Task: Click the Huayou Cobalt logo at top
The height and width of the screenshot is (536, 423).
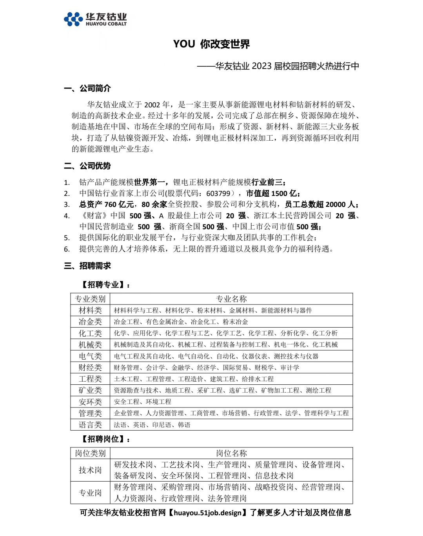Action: tap(95, 19)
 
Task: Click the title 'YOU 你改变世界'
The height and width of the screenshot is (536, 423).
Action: tap(211, 44)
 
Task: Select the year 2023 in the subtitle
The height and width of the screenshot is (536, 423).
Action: tap(261, 66)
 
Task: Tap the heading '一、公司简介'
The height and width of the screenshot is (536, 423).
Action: tap(87, 88)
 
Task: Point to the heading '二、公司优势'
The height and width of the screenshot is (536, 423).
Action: tap(87, 166)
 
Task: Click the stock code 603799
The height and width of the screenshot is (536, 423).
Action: tap(218, 194)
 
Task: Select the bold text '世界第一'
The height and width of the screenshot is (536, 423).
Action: tap(149, 182)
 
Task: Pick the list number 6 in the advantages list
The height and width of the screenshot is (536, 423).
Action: tap(67, 249)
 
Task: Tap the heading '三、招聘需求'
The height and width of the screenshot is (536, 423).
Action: tap(87, 266)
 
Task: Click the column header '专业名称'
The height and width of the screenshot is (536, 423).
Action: tap(231, 299)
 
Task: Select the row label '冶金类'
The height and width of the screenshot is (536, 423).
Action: tap(90, 322)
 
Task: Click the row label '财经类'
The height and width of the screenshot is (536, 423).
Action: tap(90, 368)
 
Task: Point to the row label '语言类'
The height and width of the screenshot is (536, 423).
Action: tap(90, 425)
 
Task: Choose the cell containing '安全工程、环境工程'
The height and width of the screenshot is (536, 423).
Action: tap(142, 402)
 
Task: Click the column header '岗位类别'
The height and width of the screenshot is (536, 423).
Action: tap(90, 453)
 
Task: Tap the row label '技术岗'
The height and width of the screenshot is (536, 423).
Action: tap(90, 470)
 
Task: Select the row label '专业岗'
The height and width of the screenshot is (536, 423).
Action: tap(90, 493)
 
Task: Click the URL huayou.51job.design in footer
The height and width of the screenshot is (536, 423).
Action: tap(207, 513)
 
